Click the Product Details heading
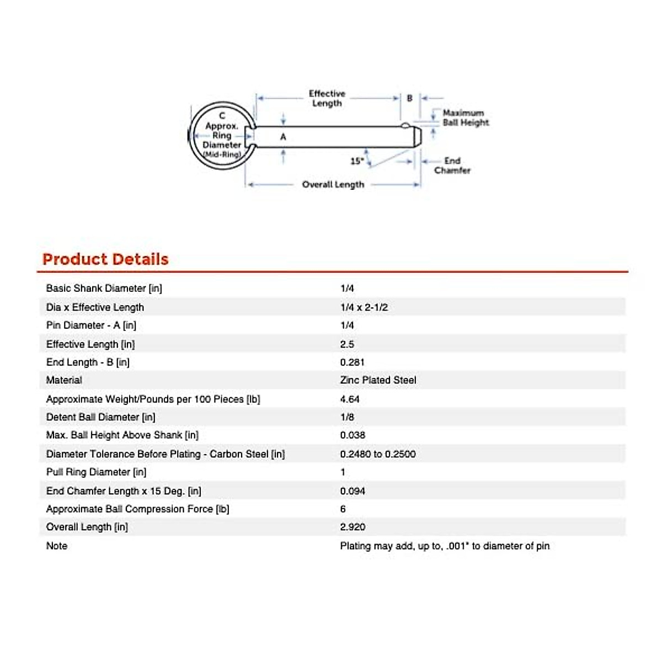point(105,259)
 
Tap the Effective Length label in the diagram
point(327,98)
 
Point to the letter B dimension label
point(409,98)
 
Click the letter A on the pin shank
point(283,136)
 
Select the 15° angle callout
point(357,161)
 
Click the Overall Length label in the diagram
point(333,184)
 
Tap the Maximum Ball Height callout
point(465,118)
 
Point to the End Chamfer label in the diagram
point(452,165)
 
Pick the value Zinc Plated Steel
point(378,380)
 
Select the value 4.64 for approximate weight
point(350,399)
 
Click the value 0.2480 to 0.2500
point(378,454)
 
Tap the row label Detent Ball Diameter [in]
point(101,417)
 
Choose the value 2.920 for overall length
point(353,527)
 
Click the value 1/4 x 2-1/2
point(364,307)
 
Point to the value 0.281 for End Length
point(352,362)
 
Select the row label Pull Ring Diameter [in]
point(97,472)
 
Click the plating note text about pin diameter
point(445,546)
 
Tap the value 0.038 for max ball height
point(353,435)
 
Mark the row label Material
point(64,380)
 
